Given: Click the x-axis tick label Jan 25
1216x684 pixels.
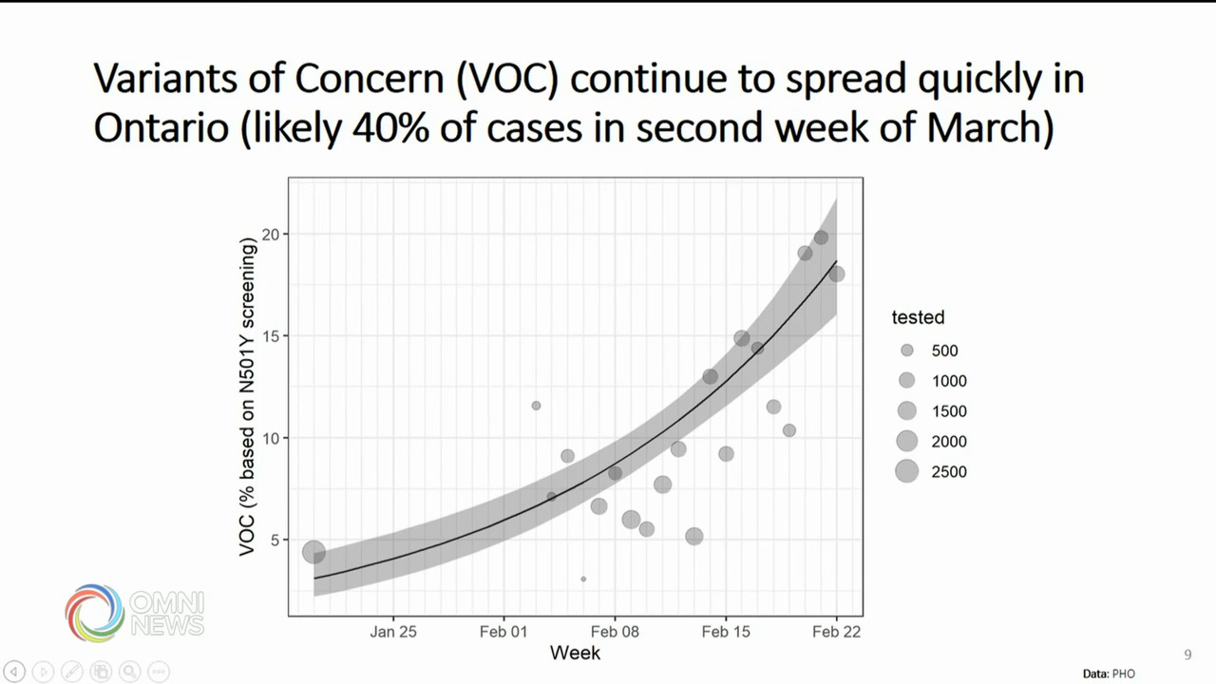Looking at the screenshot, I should pos(393,632).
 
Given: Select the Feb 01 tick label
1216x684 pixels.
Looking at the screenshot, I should pos(503,632).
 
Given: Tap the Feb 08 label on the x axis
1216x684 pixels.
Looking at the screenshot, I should pos(615,632).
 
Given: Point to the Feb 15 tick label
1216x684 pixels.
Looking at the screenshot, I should pos(726,632).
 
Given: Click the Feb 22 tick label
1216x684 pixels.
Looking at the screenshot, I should pos(837,632).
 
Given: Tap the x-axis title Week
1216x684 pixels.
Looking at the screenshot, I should pos(575,653).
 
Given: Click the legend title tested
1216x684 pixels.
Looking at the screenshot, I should pos(918,317).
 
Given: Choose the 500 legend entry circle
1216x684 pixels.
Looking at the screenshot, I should pos(907,351).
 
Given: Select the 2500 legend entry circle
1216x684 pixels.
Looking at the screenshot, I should pos(907,471).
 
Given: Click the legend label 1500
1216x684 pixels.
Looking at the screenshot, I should pos(949,411).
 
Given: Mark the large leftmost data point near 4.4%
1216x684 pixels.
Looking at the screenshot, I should pos(314,552).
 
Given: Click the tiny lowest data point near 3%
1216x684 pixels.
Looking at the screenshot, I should pos(583,579).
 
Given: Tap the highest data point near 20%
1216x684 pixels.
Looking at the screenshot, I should pos(821,237).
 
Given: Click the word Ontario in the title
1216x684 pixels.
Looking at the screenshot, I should pos(161,127).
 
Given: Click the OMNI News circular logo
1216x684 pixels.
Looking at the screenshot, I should pos(95,613).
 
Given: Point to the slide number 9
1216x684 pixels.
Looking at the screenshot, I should pos(1187,655).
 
